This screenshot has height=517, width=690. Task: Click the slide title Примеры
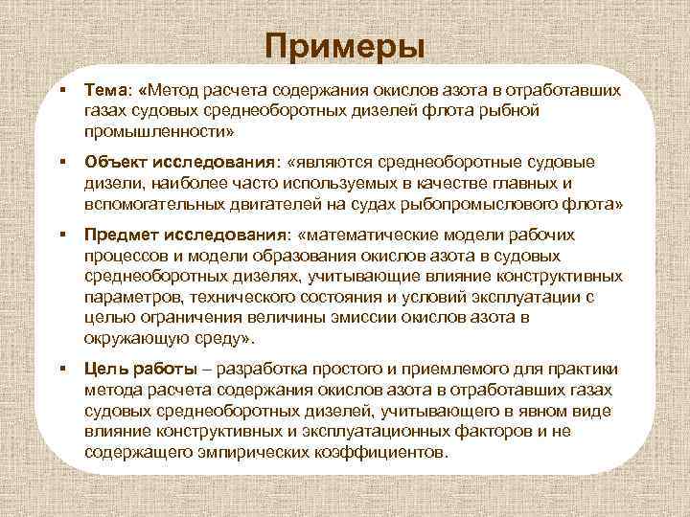coord(344,45)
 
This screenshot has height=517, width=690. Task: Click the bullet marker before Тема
coord(61,89)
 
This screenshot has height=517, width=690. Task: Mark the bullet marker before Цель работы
coord(61,369)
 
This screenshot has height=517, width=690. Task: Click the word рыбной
coord(510,110)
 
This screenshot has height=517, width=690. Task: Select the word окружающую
coord(130,339)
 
